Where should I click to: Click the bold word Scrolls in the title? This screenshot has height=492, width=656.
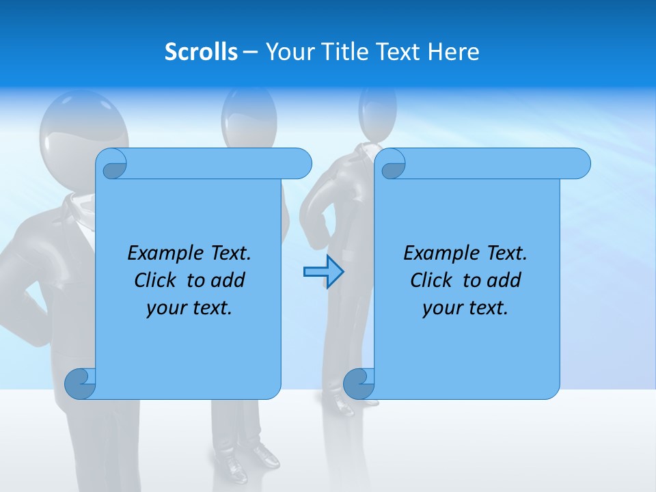pyautogui.click(x=202, y=52)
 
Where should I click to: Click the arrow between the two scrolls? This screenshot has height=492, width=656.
pyautogui.click(x=323, y=272)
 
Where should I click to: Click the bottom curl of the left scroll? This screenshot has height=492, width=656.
pyautogui.click(x=81, y=383)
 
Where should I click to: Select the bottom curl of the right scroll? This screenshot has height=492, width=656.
pyautogui.click(x=359, y=383)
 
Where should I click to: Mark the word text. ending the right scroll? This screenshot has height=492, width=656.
pyautogui.click(x=487, y=308)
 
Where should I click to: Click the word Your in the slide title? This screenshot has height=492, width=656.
pyautogui.click(x=289, y=52)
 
